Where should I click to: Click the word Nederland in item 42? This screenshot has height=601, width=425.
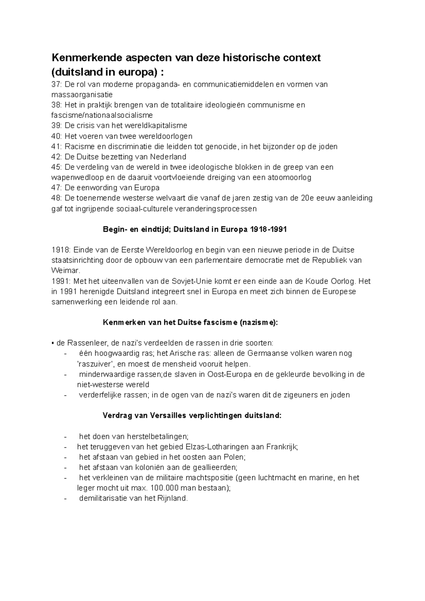(x=168, y=157)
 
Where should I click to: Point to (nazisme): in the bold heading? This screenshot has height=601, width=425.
(x=259, y=322)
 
